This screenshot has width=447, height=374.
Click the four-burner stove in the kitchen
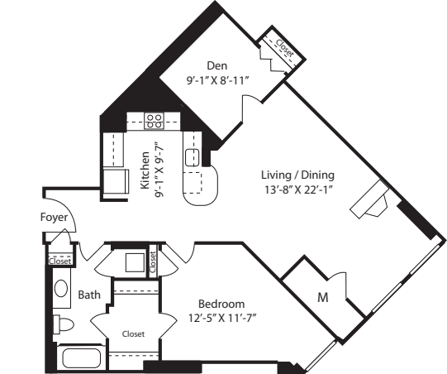(x=154, y=121)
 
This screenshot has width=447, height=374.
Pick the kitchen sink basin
(x=192, y=156)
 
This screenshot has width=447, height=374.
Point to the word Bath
(x=89, y=295)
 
